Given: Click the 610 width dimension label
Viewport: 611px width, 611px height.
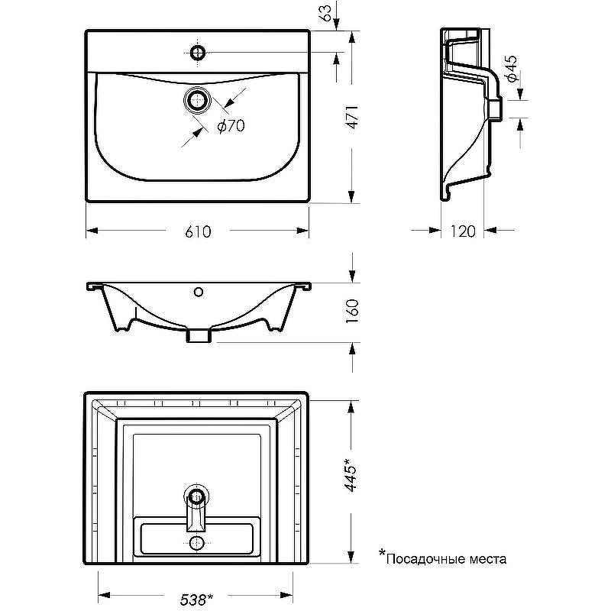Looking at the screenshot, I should (x=198, y=231).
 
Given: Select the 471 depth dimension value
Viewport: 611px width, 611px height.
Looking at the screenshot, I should (x=351, y=118).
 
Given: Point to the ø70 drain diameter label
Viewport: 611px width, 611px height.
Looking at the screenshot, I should (x=231, y=127).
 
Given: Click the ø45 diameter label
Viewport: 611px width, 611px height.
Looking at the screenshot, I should (x=512, y=70).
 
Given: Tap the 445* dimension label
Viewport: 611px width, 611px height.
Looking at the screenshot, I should (x=351, y=474).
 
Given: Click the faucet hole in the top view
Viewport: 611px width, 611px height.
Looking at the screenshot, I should (x=198, y=52).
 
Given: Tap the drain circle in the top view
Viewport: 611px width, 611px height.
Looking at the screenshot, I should (x=198, y=100).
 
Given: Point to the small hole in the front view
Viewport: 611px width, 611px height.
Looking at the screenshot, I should (x=199, y=291).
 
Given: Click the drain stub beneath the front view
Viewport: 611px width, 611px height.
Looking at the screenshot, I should (x=199, y=335).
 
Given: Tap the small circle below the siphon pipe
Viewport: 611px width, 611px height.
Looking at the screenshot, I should (x=197, y=543).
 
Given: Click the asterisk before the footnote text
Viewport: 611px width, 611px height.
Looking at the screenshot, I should (x=382, y=554).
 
